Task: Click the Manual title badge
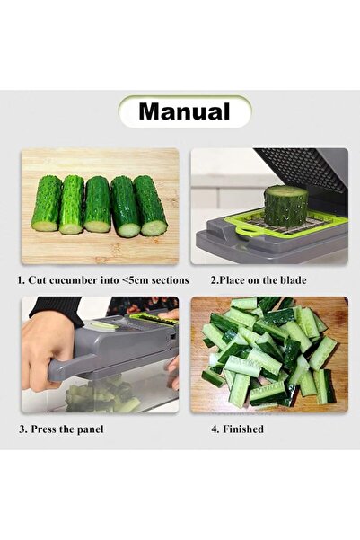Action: pos(184,111)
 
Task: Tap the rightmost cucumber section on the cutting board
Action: pos(151,206)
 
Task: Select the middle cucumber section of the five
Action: pos(97,205)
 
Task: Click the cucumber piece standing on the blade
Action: pos(285,205)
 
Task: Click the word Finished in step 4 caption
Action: pos(243,429)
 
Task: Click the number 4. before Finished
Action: pos(215,429)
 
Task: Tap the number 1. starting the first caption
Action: pos(22,280)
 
